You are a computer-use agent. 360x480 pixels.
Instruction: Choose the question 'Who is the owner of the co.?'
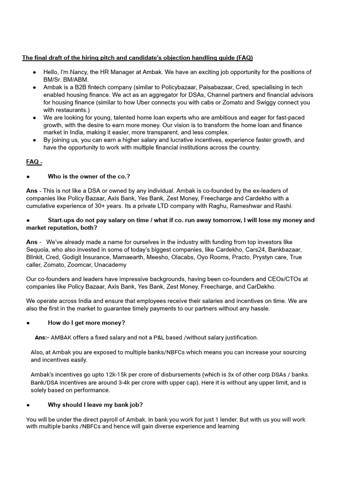(89, 176)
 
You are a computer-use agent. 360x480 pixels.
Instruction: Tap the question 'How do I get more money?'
(86, 323)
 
